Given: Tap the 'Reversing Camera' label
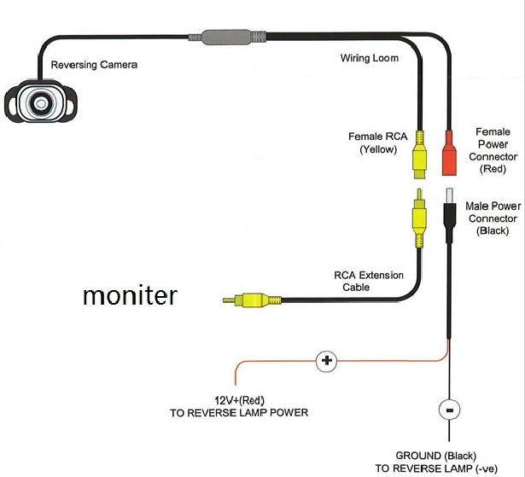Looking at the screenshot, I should click(94, 65).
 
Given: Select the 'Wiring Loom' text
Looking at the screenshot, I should click(368, 59).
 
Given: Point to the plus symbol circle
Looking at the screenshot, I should click(325, 361).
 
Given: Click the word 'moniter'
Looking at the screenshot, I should click(130, 296).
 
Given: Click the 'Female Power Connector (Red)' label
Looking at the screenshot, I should click(494, 150).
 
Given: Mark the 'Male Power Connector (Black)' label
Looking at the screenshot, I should click(493, 218).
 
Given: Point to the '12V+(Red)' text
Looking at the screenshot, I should click(238, 400).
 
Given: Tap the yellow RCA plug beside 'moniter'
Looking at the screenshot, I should click(247, 300).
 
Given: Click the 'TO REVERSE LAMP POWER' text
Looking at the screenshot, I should click(238, 413).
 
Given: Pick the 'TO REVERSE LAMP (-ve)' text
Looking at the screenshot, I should click(435, 468).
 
